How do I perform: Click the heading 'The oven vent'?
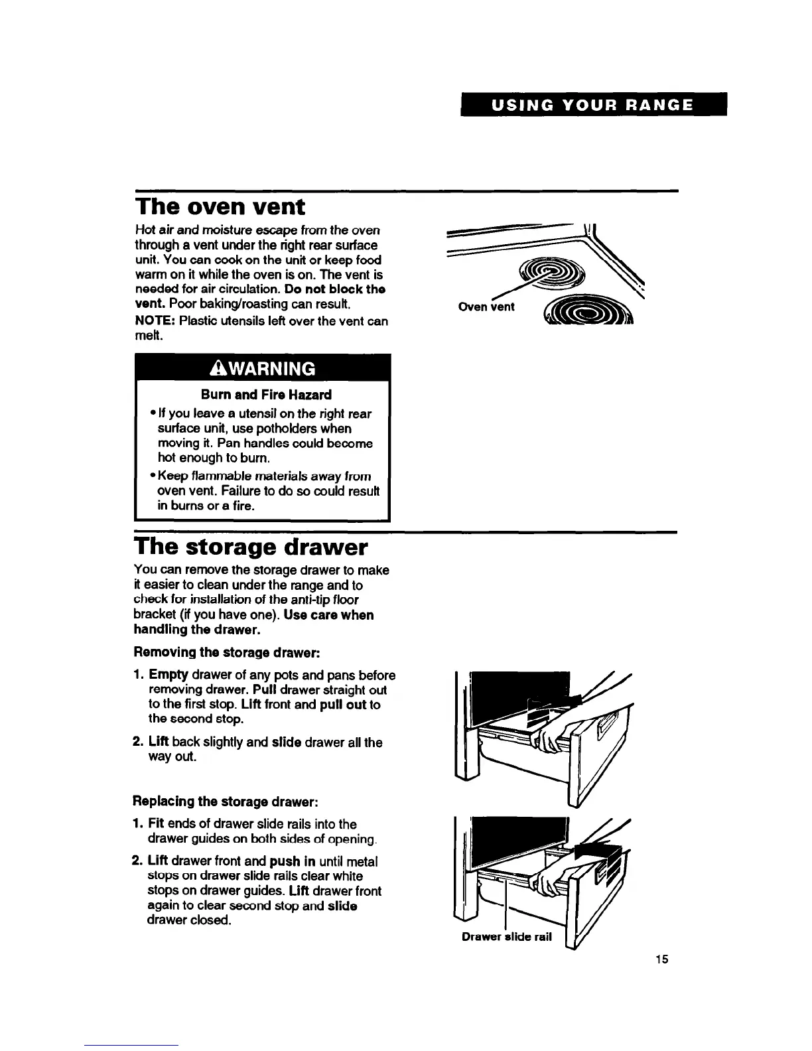[220, 207]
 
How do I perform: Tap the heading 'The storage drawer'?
[250, 547]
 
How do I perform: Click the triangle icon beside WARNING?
[216, 368]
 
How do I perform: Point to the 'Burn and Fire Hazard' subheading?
[266, 395]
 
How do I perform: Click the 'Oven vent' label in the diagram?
[486, 307]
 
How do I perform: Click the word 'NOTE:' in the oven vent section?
[155, 321]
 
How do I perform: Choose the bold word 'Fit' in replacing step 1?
[157, 823]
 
